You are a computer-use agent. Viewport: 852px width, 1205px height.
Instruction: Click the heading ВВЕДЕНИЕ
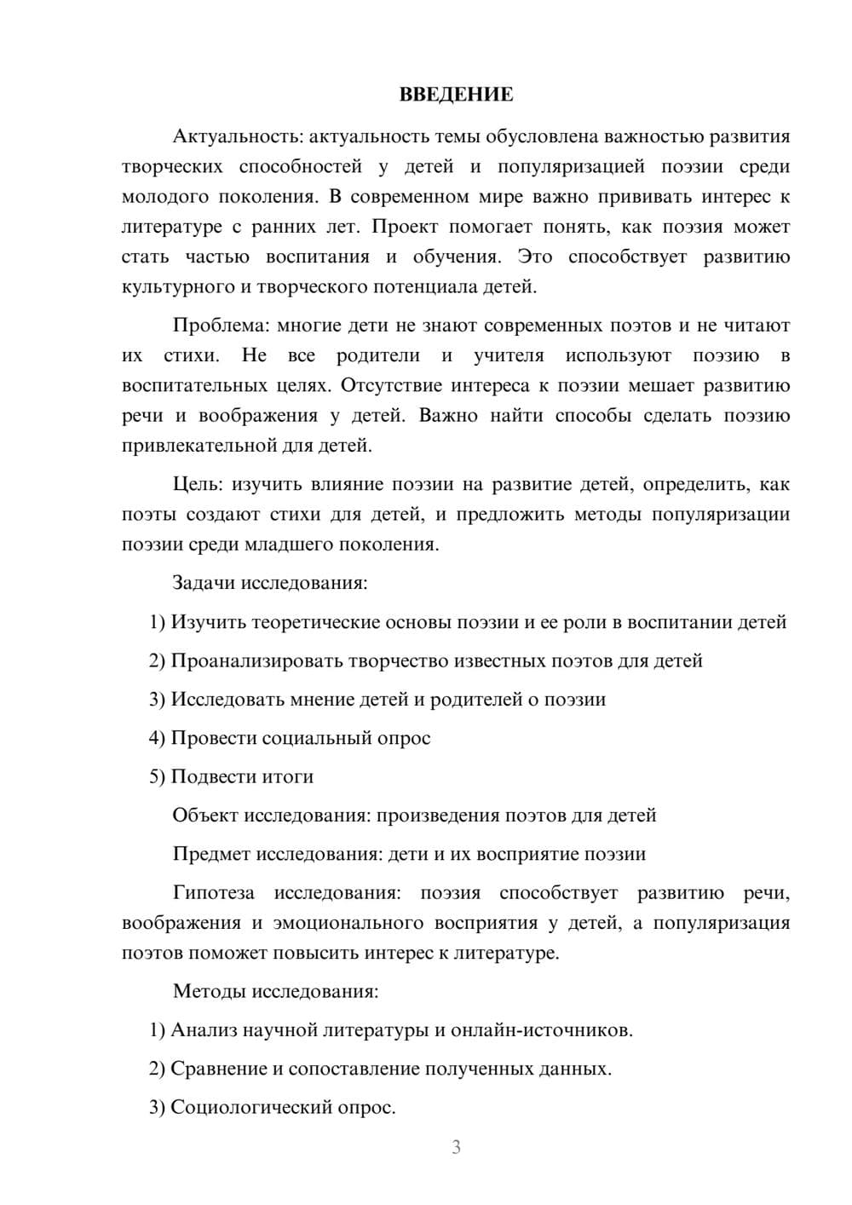456,95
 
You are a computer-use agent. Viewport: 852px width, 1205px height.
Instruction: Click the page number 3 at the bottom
456,1147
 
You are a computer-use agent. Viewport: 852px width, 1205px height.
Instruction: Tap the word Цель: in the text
198,484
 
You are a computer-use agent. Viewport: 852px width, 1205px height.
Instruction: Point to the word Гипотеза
213,893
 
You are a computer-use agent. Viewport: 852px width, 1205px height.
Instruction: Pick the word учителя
509,355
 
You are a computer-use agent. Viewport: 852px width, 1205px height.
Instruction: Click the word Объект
205,816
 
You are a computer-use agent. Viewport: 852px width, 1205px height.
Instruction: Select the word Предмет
211,854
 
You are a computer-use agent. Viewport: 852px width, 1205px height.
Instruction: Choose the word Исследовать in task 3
227,700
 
